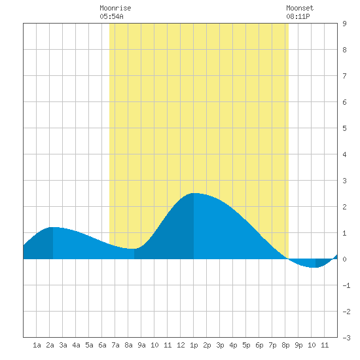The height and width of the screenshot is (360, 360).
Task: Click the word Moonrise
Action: tap(115, 8)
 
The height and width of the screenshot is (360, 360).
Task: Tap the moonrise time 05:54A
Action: tap(111, 16)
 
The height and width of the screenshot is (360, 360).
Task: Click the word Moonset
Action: tap(300, 8)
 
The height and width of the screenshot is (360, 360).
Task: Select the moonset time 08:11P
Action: tap(298, 16)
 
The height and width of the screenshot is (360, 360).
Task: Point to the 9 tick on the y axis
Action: tap(344, 24)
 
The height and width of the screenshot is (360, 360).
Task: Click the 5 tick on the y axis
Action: tap(344, 128)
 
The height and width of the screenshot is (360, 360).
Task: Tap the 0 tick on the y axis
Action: tap(344, 259)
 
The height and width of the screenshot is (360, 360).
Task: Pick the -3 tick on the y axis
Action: tap(346, 338)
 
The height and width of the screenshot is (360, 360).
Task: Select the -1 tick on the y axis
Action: tap(346, 285)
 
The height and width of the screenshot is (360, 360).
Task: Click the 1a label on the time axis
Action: tap(37, 345)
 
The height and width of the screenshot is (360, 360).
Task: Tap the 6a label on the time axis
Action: tap(102, 345)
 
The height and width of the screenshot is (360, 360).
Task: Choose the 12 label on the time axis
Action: tap(181, 345)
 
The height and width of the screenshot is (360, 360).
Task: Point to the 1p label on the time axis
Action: tap(194, 345)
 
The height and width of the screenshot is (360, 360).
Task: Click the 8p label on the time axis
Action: tap(285, 345)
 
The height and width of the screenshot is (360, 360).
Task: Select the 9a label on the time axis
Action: tap(141, 345)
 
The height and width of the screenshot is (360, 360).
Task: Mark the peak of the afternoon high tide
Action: tap(194, 193)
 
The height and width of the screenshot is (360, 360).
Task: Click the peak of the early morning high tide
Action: tap(53, 227)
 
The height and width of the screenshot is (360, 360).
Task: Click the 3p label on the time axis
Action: tap(220, 345)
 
